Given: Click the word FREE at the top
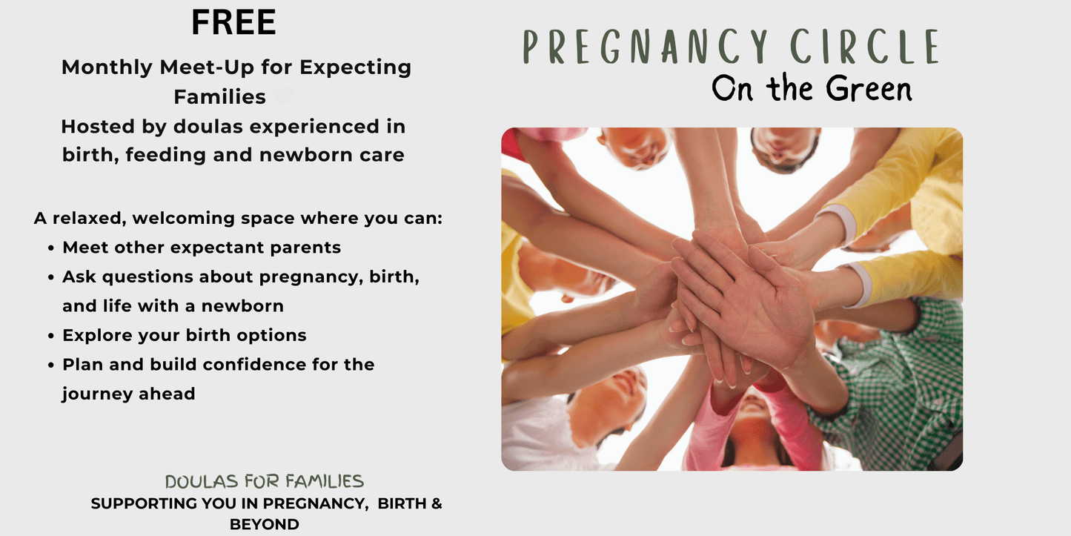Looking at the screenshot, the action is pyautogui.click(x=233, y=22).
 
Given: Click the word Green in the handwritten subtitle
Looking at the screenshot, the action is pyautogui.click(x=869, y=89).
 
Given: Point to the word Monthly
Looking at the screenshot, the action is pyautogui.click(x=107, y=67).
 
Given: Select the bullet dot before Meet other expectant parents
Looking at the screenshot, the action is pyautogui.click(x=51, y=248).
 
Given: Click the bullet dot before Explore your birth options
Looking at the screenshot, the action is pyautogui.click(x=51, y=336).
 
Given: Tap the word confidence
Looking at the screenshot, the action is pyautogui.click(x=254, y=364).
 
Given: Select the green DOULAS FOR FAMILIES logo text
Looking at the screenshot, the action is pyautogui.click(x=265, y=481).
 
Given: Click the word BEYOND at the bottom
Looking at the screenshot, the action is pyautogui.click(x=265, y=525).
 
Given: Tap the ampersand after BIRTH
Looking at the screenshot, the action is pyautogui.click(x=437, y=503).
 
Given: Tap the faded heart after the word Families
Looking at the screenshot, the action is pyautogui.click(x=282, y=96).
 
